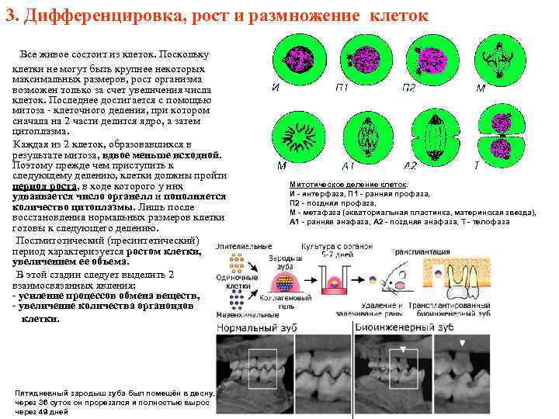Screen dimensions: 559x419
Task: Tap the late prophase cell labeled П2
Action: (x=429, y=59)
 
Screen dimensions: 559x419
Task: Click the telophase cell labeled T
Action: (x=494, y=138)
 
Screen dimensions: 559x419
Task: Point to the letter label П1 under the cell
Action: (x=342, y=88)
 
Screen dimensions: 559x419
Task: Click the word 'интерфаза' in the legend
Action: (x=321, y=194)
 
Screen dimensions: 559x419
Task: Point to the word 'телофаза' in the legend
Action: (x=487, y=222)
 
